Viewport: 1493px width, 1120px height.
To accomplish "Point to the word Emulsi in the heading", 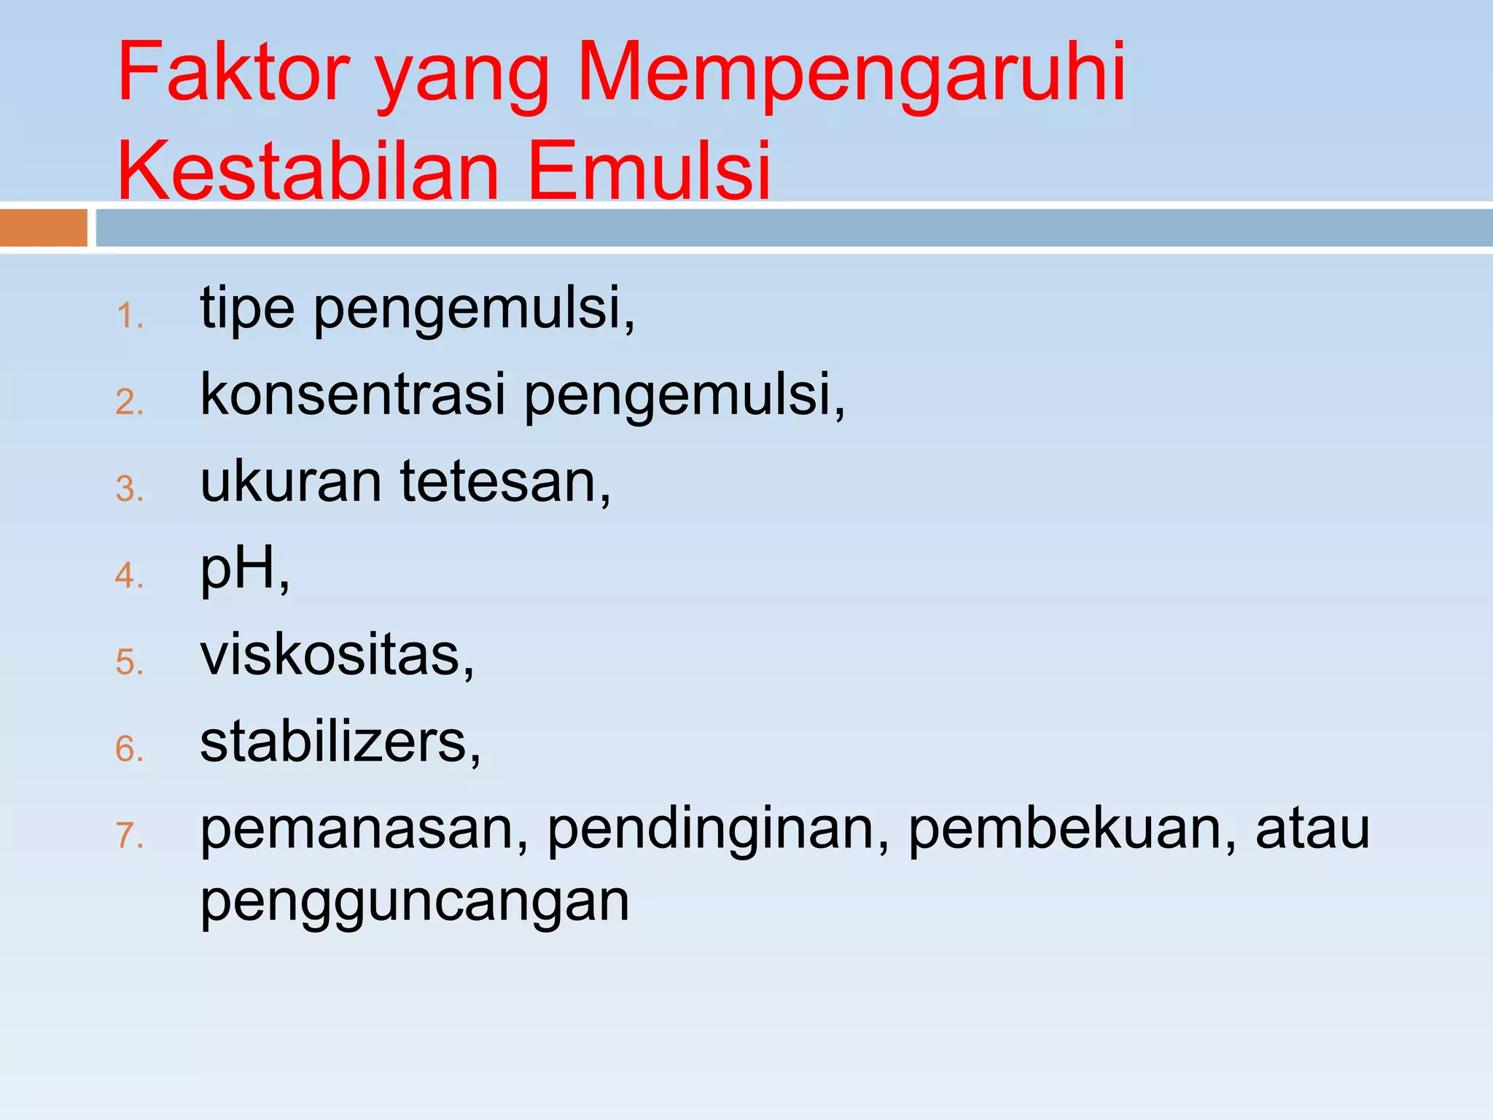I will tap(649, 171).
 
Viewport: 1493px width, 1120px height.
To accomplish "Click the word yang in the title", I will tap(462, 80).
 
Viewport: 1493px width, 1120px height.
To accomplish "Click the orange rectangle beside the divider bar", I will tap(44, 227).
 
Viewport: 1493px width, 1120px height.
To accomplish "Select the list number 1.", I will tap(130, 316).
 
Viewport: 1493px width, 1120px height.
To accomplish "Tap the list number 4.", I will tap(130, 576).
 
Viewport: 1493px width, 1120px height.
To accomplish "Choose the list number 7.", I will tap(130, 836).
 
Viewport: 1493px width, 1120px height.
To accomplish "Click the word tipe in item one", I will tap(248, 309).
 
